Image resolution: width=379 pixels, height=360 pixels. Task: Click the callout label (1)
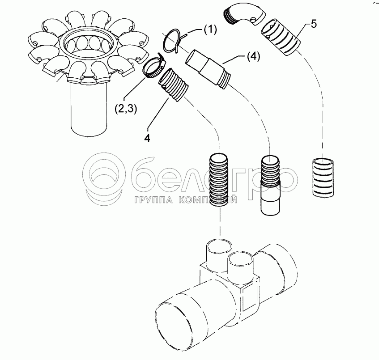click(x=210, y=29)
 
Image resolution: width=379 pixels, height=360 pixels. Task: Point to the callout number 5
click(x=314, y=24)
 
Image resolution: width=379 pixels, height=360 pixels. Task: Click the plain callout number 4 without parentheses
click(x=147, y=138)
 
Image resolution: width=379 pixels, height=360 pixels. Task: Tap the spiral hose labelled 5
click(x=281, y=38)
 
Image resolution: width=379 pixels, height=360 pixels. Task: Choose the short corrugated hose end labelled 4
click(x=173, y=85)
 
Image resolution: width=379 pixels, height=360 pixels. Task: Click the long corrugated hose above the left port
click(x=219, y=180)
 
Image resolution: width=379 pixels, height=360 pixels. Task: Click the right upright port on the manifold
click(x=241, y=266)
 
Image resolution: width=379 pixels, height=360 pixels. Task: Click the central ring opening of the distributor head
click(x=89, y=43)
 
